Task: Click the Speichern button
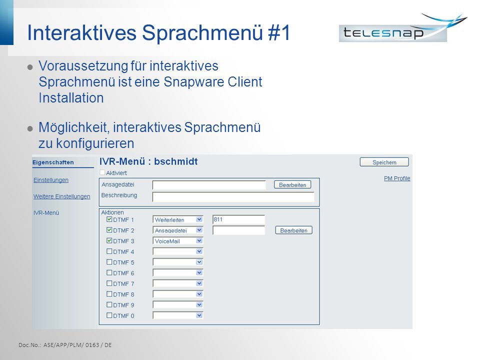click(x=384, y=162)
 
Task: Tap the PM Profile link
click(x=397, y=178)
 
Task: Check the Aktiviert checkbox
click(x=102, y=172)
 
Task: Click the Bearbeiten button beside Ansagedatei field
click(x=292, y=184)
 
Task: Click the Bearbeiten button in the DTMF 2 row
click(x=293, y=230)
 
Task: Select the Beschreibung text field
click(x=233, y=196)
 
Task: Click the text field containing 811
click(x=238, y=219)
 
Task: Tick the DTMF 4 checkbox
click(x=109, y=251)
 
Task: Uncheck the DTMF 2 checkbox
click(x=109, y=230)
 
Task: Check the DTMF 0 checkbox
click(x=109, y=315)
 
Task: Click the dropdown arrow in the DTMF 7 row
click(x=199, y=283)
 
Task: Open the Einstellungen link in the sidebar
click(x=51, y=180)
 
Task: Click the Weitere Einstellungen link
click(x=62, y=196)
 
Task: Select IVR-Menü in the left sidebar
click(x=46, y=213)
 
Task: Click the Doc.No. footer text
click(x=65, y=345)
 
